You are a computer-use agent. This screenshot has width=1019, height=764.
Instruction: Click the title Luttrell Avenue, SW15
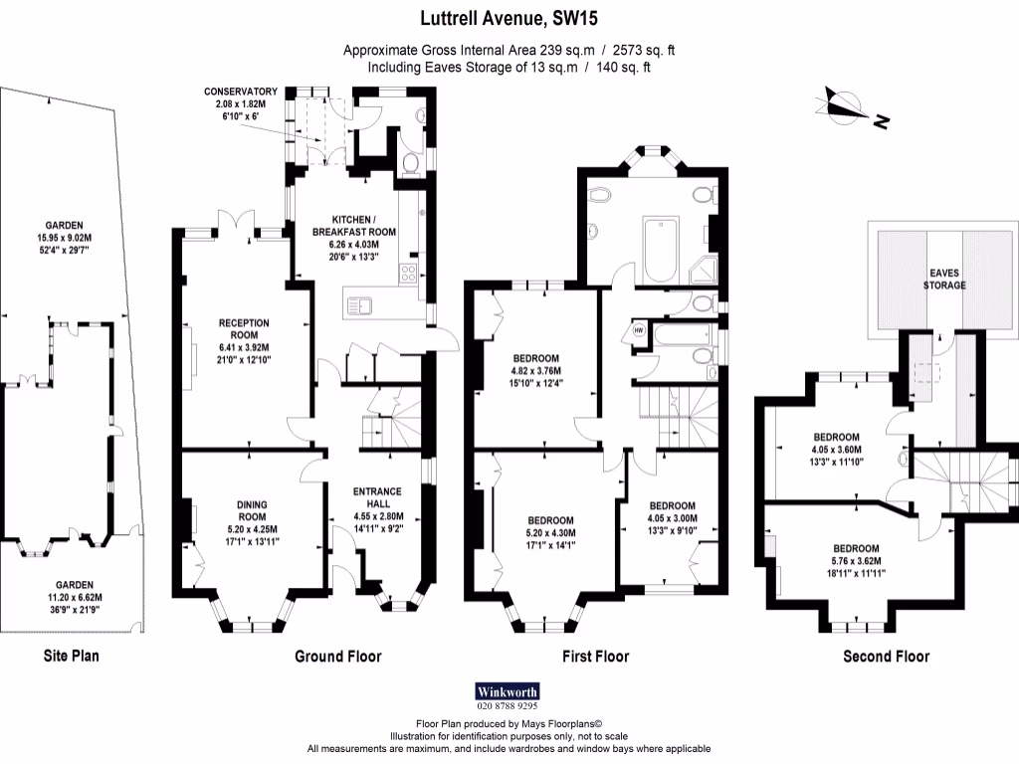[509, 17]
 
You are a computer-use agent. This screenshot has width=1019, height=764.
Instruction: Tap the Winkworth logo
[508, 690]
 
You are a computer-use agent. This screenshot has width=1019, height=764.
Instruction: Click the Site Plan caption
[71, 656]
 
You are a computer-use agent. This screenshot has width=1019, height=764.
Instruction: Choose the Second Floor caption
[886, 656]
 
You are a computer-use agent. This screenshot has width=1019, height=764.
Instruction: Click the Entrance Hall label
[377, 503]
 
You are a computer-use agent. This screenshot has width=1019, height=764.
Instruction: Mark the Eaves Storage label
[946, 279]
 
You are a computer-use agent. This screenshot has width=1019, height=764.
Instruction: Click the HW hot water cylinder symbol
[638, 329]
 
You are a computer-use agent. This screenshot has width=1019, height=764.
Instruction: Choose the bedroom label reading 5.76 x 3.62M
[856, 561]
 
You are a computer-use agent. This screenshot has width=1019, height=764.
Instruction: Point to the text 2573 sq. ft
[645, 50]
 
